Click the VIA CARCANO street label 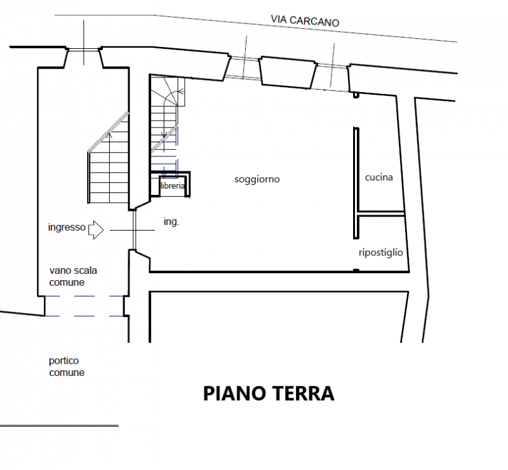tap(305, 21)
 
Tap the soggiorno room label tap(257, 179)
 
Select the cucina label tap(378, 177)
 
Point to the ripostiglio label tap(380, 253)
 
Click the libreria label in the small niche tap(173, 185)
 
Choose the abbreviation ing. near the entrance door tap(171, 222)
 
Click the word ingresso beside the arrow tap(67, 227)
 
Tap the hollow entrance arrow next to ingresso tap(96, 230)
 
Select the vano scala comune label tap(73, 276)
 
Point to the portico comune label tap(67, 366)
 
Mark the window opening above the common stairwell tap(84, 50)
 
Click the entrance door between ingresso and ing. tap(134, 230)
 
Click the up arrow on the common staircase tap(110, 167)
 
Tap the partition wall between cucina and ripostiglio tap(381, 213)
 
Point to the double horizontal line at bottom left tap(59, 426)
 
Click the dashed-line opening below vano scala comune tap(84, 306)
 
